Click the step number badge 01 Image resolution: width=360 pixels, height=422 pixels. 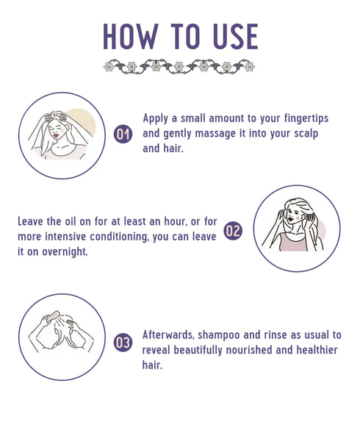tap(123, 135)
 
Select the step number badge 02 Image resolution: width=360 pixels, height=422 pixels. tap(232, 230)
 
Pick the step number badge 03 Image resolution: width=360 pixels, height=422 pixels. tap(123, 342)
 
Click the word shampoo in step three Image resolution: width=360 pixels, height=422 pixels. tap(227, 335)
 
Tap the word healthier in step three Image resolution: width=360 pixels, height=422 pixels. tap(320, 349)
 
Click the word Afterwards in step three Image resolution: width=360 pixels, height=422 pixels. tap(170, 335)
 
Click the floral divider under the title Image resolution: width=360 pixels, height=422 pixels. tap(179, 66)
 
